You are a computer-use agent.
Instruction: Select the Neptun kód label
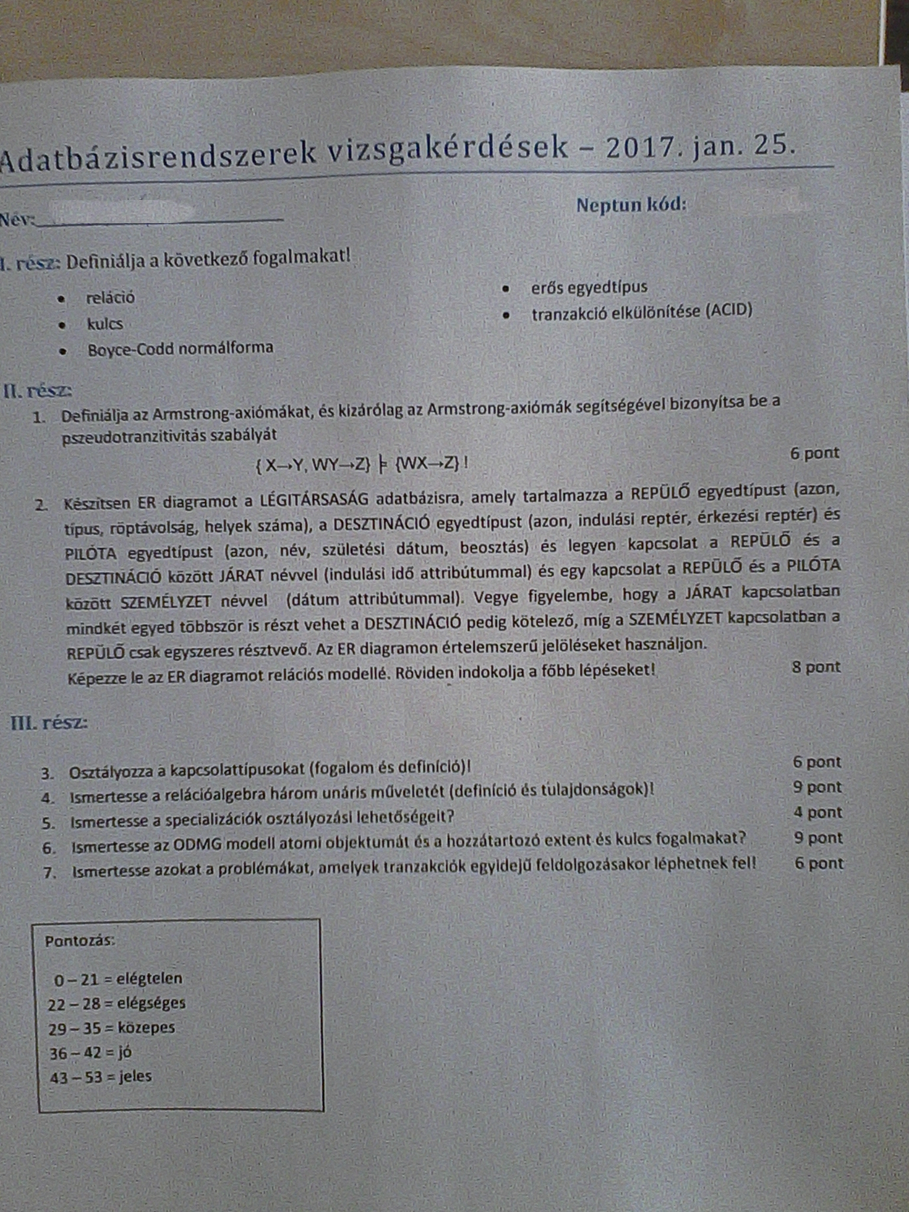[631, 205]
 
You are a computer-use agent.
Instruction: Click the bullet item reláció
[111, 297]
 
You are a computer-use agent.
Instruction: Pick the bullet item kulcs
[105, 324]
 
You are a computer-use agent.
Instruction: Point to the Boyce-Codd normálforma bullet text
[180, 348]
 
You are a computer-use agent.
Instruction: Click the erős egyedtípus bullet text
[589, 288]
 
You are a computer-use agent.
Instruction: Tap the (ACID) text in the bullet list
[728, 310]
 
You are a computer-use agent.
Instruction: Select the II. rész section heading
[38, 391]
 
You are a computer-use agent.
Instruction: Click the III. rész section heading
[49, 723]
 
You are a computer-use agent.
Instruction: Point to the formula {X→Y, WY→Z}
[312, 465]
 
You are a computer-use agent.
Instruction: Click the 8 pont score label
[816, 667]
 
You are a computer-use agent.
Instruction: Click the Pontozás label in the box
[80, 941]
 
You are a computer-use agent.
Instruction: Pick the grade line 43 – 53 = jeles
[101, 1076]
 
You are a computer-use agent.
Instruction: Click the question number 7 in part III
[49, 872]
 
